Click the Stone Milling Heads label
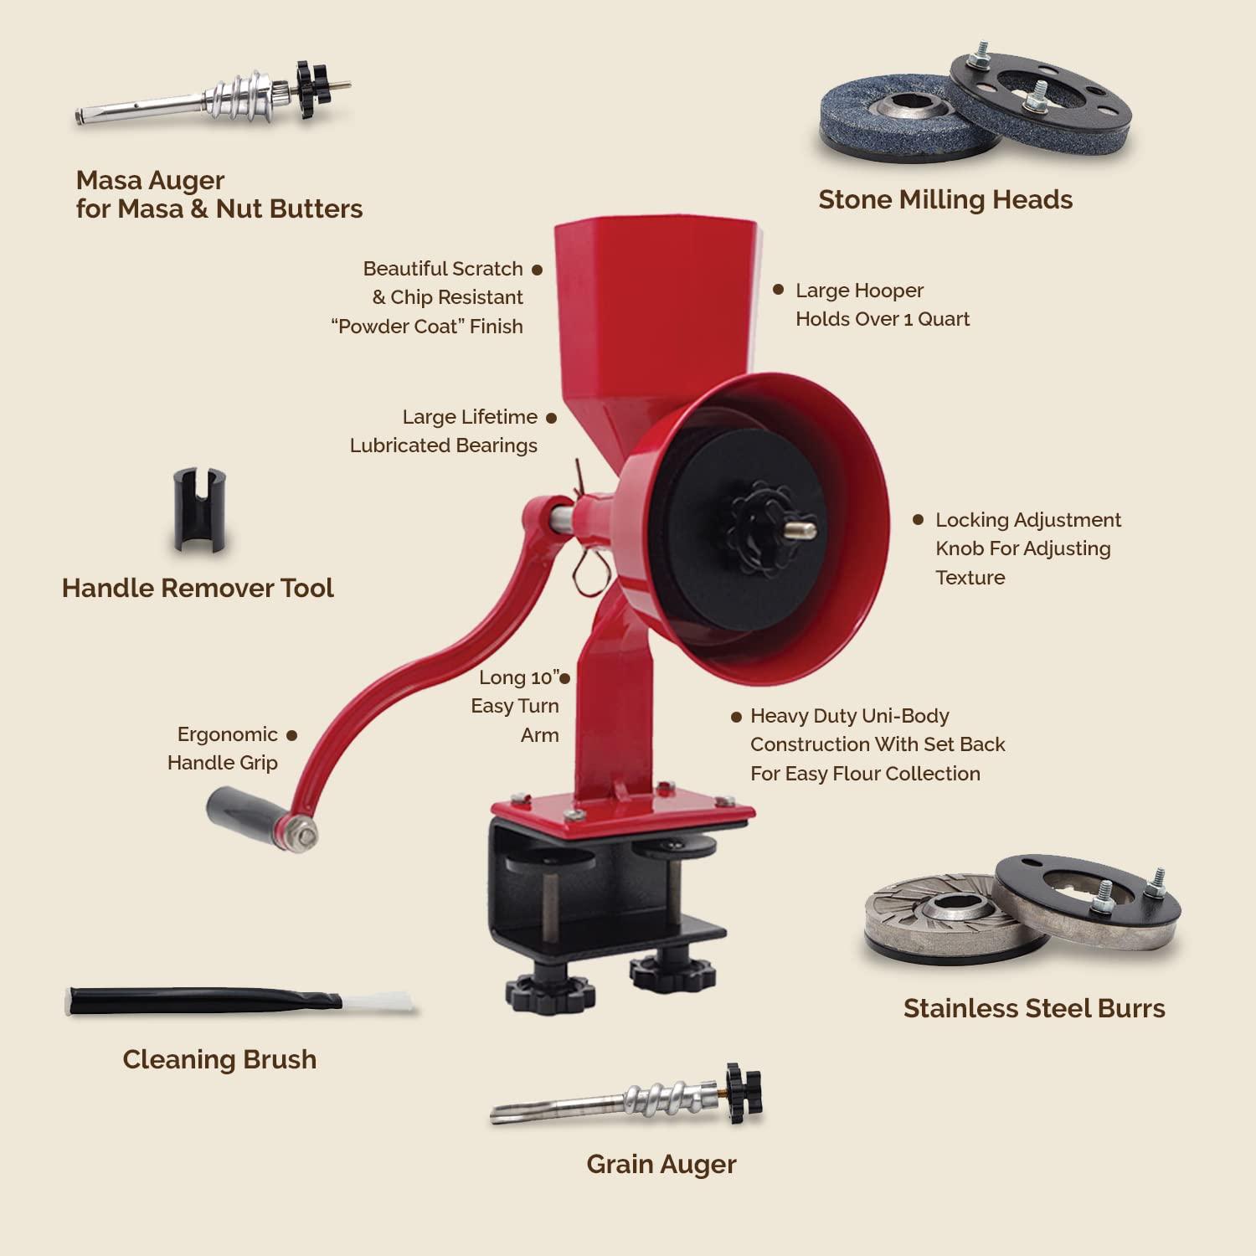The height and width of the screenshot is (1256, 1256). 945,199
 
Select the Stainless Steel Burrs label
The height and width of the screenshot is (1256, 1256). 1033,1008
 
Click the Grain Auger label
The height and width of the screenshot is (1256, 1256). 661,1164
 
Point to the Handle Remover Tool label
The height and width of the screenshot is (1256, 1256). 198,588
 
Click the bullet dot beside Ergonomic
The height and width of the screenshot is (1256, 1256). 291,735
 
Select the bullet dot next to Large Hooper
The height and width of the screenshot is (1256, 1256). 778,290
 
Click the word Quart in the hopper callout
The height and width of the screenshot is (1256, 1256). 943,319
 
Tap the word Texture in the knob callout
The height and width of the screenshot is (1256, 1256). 970,578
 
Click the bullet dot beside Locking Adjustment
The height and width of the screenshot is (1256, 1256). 918,520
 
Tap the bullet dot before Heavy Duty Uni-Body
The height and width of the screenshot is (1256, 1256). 736,717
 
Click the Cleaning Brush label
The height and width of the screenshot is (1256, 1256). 219,1059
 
